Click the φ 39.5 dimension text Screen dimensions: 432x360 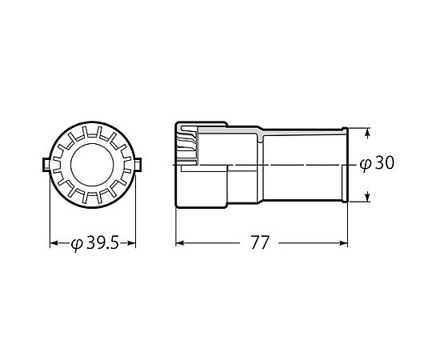95,243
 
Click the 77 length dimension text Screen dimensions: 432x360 259,242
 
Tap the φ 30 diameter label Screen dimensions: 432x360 377,163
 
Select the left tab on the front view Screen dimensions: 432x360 46,165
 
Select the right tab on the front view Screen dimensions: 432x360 138,165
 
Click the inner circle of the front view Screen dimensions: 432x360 92,143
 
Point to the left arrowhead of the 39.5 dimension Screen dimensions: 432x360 54,243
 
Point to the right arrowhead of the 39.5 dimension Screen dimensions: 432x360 132,243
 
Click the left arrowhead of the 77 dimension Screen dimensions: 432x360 180,243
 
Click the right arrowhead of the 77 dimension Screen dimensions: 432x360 343,243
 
